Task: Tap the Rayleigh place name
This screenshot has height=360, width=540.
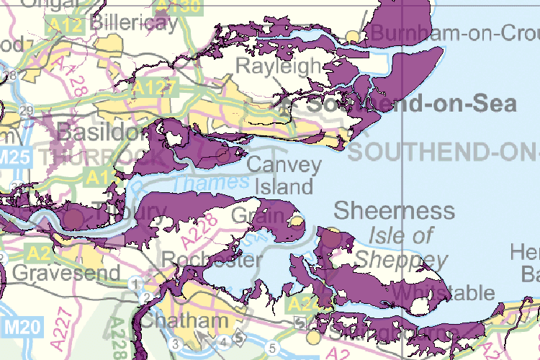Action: click(278, 67)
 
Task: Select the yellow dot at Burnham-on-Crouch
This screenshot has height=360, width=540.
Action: click(353, 35)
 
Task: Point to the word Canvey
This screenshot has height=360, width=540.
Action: click(284, 165)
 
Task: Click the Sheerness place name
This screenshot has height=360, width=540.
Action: click(395, 211)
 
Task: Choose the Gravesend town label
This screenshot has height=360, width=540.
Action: click(66, 274)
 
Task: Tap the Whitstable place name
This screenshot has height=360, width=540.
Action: click(444, 292)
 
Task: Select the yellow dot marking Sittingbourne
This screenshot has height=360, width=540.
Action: click(312, 337)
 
